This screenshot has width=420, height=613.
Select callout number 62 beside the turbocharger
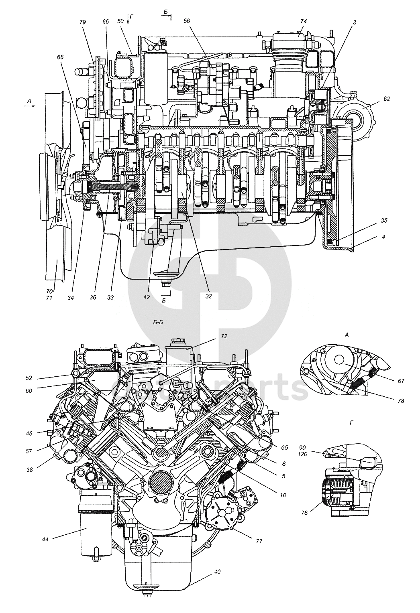pyautogui.click(x=375, y=98)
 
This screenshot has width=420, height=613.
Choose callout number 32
pyautogui.click(x=208, y=296)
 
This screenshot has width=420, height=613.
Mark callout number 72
pyautogui.click(x=224, y=336)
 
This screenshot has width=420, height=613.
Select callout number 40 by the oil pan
pyautogui.click(x=217, y=571)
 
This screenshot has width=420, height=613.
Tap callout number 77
pyautogui.click(x=259, y=541)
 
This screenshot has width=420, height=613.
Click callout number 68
pyautogui.click(x=60, y=57)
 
